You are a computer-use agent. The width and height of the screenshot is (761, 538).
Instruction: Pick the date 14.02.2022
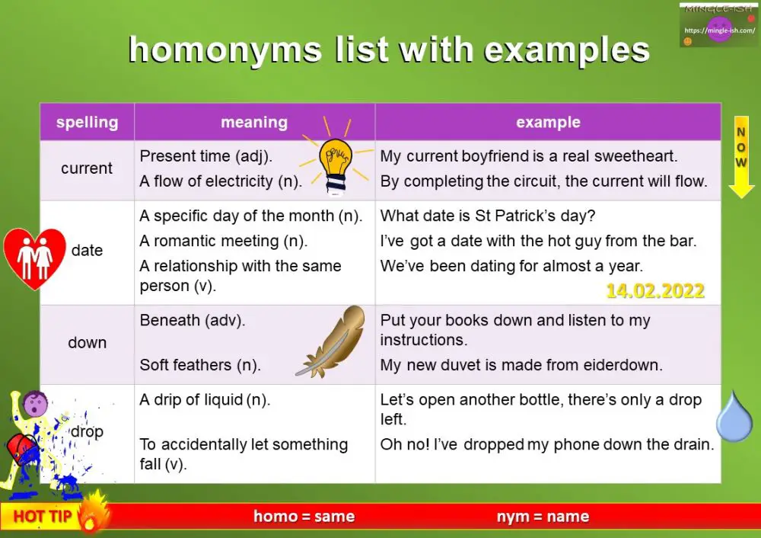point(655,290)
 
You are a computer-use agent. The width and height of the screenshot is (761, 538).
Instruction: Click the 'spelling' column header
point(87,122)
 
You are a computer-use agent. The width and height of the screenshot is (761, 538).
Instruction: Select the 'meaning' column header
point(254,122)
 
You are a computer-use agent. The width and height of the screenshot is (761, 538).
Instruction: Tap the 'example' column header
point(548,122)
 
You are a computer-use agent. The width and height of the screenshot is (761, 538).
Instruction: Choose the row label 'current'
point(87,168)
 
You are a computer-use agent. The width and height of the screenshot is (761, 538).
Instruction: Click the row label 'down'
point(87,343)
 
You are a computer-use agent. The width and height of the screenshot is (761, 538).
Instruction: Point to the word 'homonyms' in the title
point(225,50)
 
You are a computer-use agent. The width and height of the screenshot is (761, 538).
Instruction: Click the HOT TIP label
point(43,517)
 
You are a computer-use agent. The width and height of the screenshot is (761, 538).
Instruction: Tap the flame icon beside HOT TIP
point(94,511)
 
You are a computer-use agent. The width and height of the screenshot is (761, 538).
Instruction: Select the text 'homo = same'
point(304,517)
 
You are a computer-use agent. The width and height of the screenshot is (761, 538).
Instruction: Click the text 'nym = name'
point(543,517)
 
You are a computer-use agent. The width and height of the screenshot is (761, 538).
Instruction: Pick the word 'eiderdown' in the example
point(622,365)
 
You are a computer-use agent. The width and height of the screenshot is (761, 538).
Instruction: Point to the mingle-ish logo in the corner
point(718,27)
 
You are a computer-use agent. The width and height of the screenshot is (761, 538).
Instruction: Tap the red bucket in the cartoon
point(19,450)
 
